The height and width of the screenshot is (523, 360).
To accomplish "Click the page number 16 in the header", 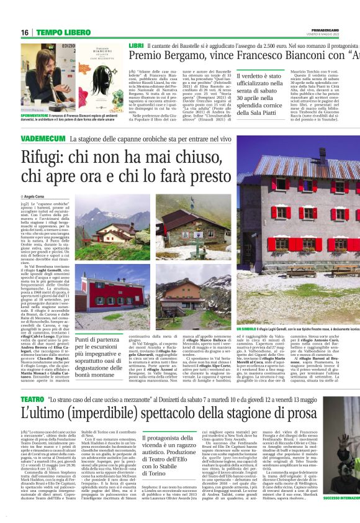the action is tap(24, 32).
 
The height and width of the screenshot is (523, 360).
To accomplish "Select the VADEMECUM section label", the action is tap(44, 137).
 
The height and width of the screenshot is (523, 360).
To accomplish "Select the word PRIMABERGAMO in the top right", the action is tap(336, 29).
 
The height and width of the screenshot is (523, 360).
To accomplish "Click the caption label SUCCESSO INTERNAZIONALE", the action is tap(341, 516).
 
